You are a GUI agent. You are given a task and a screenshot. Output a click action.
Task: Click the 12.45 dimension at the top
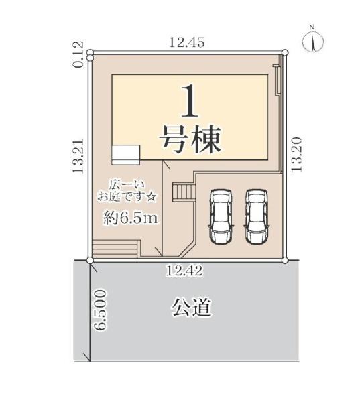186,42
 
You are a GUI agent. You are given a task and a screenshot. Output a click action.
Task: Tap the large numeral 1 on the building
189,104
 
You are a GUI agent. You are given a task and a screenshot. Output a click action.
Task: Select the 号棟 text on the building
189,140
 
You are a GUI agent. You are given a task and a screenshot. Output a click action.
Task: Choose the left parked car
220,216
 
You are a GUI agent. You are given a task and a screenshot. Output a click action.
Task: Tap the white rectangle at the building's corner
125,153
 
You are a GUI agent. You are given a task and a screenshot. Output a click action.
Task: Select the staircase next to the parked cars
182,192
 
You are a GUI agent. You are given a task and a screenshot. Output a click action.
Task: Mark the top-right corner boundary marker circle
284,52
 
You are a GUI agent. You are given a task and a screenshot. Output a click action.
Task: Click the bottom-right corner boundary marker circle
284,260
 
